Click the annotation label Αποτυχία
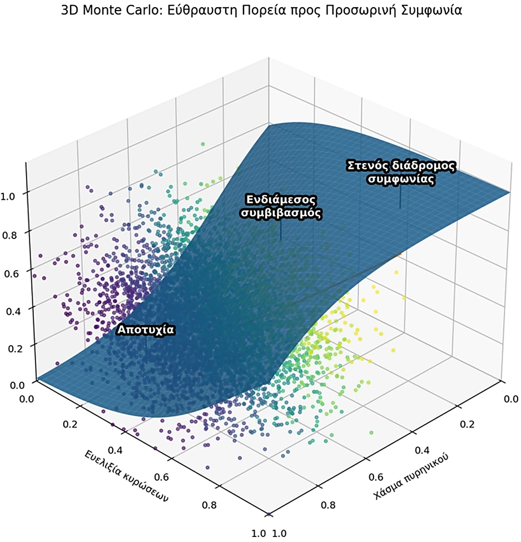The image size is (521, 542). [146, 330]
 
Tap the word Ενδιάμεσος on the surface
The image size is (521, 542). [281, 199]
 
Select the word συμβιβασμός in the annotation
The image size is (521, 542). [281, 212]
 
